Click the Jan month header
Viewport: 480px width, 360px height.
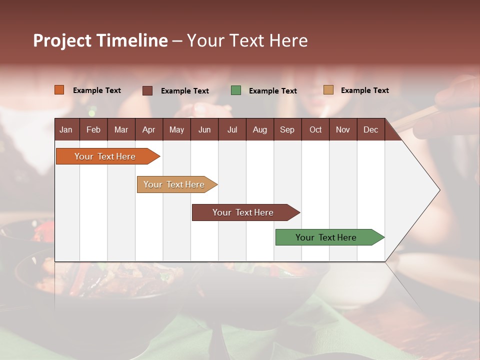66,129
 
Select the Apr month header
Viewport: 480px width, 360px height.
148,129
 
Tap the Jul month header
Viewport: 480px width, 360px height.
232,129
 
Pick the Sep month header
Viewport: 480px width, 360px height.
287,129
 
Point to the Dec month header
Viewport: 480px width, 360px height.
370,129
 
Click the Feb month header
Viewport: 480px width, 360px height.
93,129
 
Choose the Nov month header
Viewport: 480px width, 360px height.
342,129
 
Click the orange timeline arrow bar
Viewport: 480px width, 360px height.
105,156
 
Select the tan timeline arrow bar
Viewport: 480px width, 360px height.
174,184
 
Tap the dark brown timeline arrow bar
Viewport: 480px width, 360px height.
243,212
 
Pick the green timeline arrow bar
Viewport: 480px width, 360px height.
326,237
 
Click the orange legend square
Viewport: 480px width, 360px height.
59,90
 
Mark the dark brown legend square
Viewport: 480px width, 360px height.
147,90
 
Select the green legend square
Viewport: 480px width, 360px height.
236,90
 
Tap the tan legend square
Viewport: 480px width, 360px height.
328,90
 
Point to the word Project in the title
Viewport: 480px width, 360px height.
61,40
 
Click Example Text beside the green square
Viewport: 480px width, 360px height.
272,91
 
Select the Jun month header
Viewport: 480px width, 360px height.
204,129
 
